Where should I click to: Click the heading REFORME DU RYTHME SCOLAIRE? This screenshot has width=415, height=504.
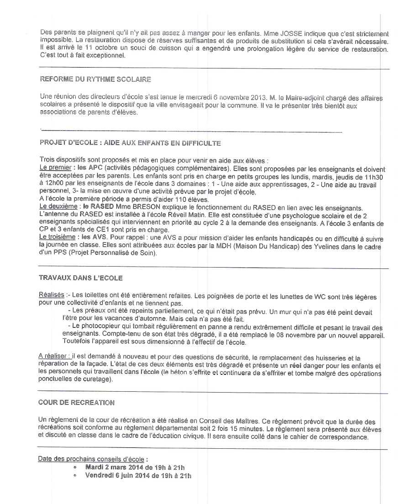click(x=96, y=79)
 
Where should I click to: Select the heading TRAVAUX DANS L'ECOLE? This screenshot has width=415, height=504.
click(x=81, y=278)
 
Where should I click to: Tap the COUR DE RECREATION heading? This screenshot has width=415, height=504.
click(x=77, y=402)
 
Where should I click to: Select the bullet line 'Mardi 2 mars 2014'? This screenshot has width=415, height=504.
click(x=135, y=467)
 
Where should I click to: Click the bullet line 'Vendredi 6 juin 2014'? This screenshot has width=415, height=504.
click(x=138, y=476)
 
